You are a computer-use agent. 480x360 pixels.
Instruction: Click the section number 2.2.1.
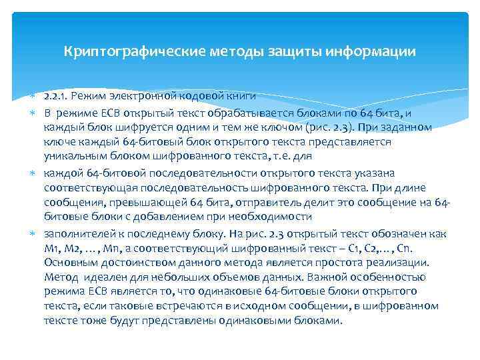point(55,97)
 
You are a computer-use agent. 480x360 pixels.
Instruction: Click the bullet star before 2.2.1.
point(35,97)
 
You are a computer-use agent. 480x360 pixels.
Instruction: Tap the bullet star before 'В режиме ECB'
point(35,112)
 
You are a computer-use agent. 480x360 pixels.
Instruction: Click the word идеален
point(100,277)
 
